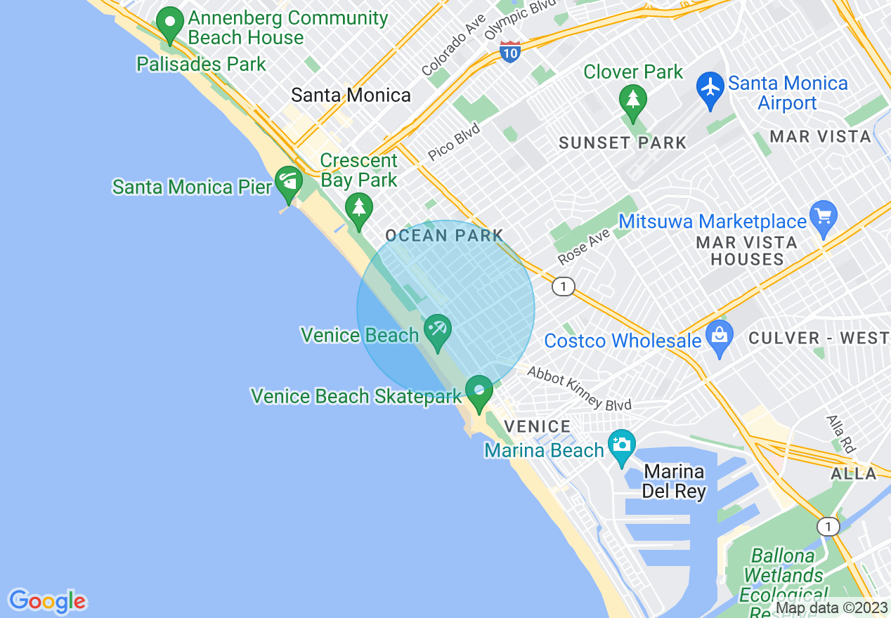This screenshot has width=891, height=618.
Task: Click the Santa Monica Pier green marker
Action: [288, 180]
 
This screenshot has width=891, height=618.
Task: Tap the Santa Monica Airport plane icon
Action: [710, 87]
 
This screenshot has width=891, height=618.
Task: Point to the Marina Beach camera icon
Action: [621, 445]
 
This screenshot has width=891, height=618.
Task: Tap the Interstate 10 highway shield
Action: [510, 51]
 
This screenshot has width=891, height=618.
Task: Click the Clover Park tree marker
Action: [633, 99]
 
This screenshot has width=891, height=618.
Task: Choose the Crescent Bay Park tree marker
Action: [359, 209]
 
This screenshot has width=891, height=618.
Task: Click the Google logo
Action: [47, 601]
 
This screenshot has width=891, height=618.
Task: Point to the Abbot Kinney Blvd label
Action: [579, 388]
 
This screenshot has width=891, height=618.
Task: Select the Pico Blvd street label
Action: [454, 142]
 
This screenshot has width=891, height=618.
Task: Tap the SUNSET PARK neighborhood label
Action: [623, 143]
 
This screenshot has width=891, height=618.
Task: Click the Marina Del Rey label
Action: [674, 481]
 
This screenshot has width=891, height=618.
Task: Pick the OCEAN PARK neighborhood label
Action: [444, 235]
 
